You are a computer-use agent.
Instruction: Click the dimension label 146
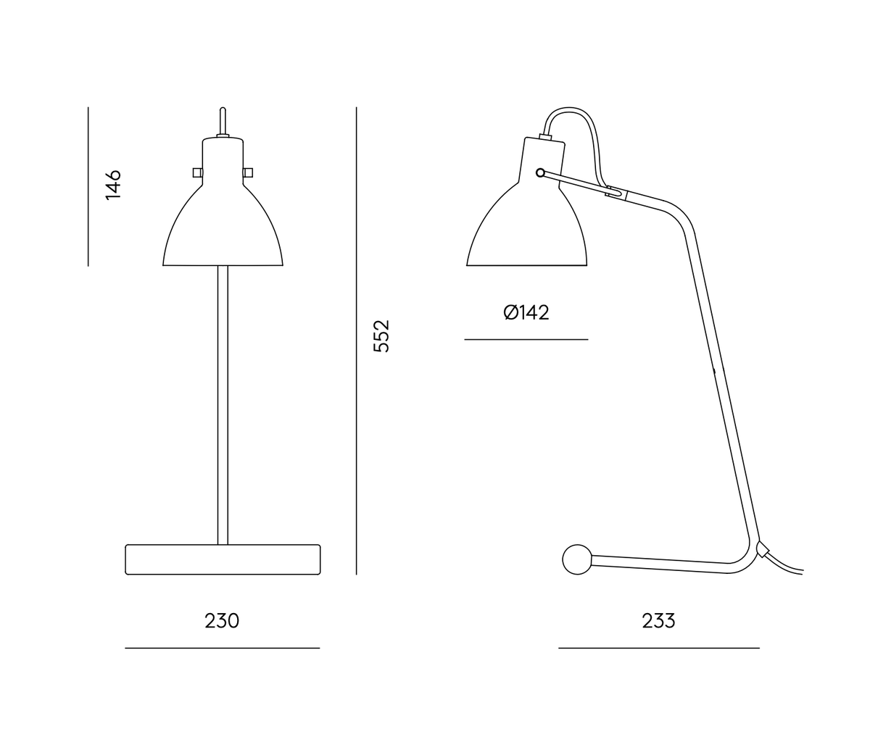point(113,185)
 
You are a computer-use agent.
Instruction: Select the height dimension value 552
point(382,336)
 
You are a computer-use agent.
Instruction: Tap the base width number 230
point(222,621)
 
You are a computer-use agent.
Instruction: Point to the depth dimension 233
point(659,621)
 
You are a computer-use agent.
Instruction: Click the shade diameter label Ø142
point(526,313)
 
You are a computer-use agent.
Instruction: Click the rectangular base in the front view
point(223,559)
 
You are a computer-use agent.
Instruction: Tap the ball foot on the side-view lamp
point(577,559)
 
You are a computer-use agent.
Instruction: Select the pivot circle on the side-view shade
point(540,173)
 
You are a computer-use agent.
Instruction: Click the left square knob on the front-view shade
point(197,172)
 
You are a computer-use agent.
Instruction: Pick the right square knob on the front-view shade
point(248,172)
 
